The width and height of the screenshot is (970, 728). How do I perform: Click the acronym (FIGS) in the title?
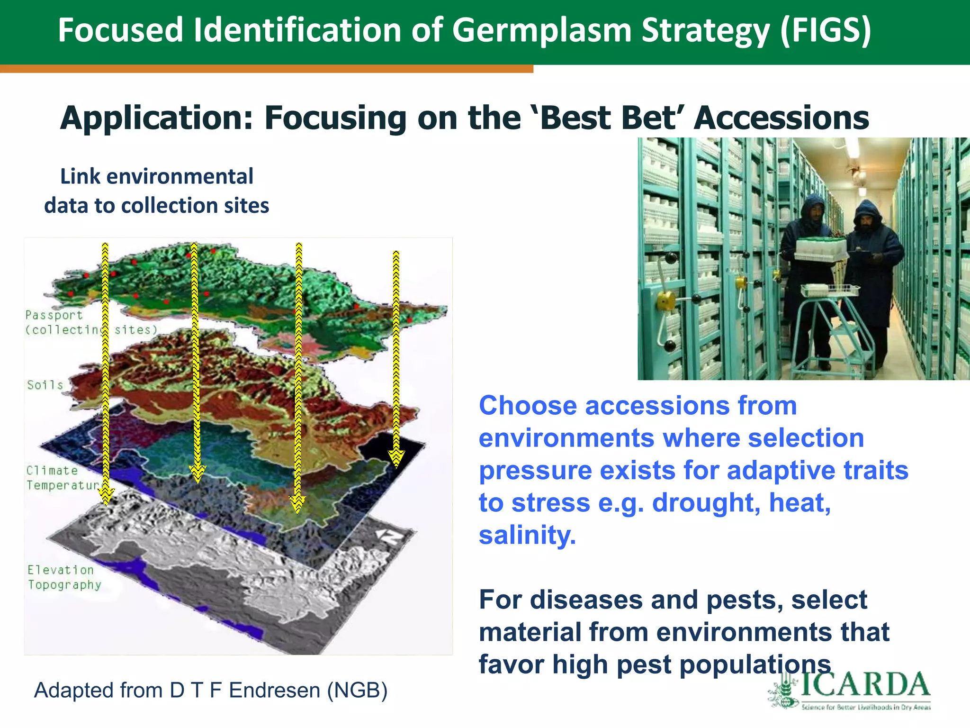point(825,30)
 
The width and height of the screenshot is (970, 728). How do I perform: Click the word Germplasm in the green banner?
point(542,30)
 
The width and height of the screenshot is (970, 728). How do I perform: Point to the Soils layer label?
point(45,385)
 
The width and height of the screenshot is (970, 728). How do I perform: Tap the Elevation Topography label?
point(64,577)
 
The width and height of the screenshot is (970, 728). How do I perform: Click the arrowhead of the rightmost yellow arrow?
point(396,458)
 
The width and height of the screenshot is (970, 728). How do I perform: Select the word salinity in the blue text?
point(527,535)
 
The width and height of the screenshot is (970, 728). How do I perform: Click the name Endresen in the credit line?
point(274,690)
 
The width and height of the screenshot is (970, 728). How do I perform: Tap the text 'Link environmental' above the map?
point(156,176)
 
